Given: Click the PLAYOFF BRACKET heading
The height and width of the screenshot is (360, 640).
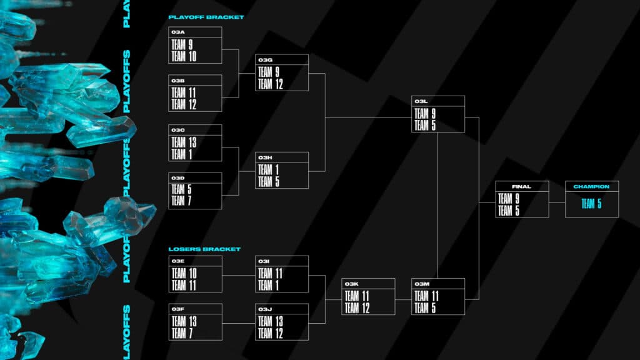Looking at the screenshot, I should (206, 17).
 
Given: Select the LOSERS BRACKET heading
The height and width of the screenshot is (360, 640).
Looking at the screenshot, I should (204, 249).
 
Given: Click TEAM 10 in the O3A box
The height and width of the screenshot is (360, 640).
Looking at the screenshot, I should (184, 56).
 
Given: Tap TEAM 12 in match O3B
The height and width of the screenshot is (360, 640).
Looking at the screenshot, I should (184, 104).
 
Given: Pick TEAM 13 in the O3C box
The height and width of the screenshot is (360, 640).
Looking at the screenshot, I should (184, 142).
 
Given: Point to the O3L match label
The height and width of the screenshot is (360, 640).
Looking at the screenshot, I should (420, 101).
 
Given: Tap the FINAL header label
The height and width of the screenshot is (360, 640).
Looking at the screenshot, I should (521, 186).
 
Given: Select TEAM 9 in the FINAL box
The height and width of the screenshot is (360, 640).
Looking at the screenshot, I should (508, 199).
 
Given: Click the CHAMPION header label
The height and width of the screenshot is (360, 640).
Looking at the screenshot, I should (591, 186).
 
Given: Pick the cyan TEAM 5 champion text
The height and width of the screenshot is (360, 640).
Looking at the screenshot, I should (591, 204).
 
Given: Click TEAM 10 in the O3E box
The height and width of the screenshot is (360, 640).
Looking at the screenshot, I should (184, 273).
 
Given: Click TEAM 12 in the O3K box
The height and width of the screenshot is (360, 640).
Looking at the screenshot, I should (357, 307).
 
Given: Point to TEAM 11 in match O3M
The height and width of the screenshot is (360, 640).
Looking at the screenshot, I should (426, 296).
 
